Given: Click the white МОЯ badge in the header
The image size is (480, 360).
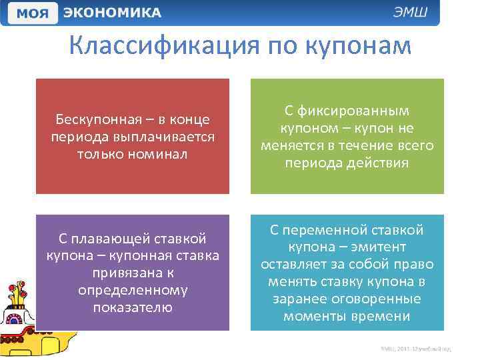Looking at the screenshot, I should [32, 13].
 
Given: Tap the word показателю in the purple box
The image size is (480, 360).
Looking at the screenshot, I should [133, 308].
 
